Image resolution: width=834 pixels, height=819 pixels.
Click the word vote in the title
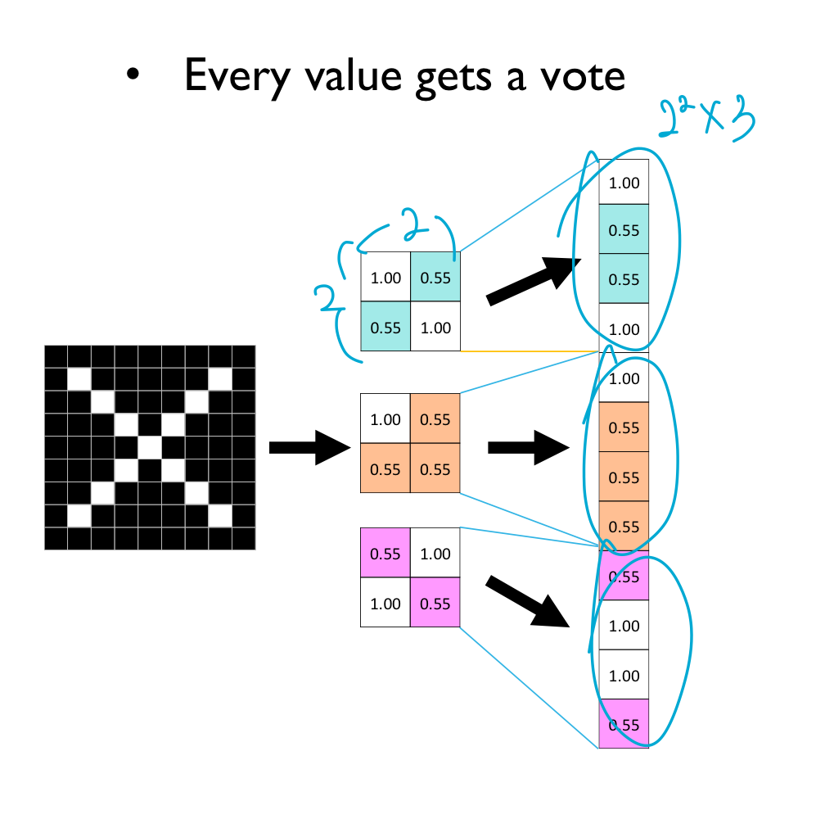[x=578, y=75]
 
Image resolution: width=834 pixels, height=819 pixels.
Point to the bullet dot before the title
[x=133, y=76]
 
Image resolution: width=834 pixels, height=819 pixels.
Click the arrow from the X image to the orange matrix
[x=309, y=448]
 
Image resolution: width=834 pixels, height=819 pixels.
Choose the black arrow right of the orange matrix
[x=528, y=448]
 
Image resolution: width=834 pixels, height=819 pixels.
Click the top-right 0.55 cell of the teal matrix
[x=435, y=278]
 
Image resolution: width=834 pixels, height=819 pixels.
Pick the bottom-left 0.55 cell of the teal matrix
[x=385, y=328]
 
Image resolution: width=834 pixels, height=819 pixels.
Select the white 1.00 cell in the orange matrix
[x=385, y=419]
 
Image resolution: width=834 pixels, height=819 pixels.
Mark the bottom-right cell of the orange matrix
[x=435, y=469]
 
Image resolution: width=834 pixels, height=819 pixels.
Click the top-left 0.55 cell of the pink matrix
[x=385, y=554]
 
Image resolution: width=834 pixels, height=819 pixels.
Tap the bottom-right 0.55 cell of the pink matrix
[x=435, y=604]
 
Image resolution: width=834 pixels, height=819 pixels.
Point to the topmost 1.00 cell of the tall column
[x=624, y=183]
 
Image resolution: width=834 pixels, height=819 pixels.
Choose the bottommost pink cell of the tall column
[x=624, y=724]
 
